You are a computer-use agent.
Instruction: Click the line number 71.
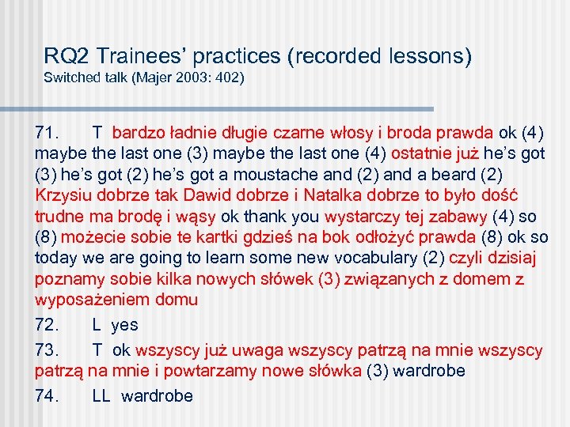(48, 131)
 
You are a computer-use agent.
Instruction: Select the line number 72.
(48, 325)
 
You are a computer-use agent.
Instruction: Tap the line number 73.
(48, 350)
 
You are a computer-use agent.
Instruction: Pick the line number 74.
(48, 396)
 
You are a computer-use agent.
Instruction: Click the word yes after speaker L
(124, 325)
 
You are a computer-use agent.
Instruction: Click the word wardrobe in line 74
(157, 396)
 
